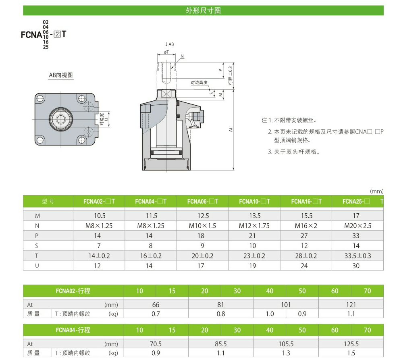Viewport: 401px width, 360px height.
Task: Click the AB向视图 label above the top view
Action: click(61, 75)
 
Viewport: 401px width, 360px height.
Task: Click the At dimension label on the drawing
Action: click(231, 130)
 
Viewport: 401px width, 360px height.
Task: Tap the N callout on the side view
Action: click(182, 56)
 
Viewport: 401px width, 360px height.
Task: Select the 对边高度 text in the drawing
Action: click(199, 83)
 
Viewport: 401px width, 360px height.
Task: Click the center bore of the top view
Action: click(62, 119)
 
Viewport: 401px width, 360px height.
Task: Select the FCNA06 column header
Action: click(203, 201)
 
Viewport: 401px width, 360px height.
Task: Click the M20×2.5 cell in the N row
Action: click(357, 226)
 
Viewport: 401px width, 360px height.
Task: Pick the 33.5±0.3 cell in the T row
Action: click(357, 256)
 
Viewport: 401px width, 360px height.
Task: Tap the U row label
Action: click(37, 266)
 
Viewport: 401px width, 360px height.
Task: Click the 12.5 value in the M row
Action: click(203, 216)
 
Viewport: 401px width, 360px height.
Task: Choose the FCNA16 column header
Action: click(306, 201)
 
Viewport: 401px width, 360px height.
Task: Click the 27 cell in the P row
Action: click(306, 236)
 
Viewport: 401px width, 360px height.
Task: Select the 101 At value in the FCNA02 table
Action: click(286, 305)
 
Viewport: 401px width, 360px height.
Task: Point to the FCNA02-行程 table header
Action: click(73, 291)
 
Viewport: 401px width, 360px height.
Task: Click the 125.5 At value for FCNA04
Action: click(351, 344)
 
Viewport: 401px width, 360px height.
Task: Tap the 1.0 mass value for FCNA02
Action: click(270, 314)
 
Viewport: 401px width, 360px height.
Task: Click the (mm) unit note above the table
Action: click(376, 191)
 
